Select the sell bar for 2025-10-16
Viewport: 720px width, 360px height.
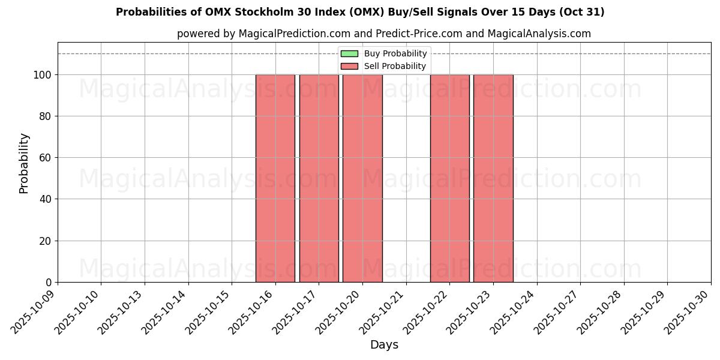(275, 178)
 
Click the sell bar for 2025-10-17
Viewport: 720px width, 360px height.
(319, 178)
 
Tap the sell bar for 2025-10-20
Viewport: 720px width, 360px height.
(362, 178)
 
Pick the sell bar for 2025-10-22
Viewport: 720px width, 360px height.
(449, 178)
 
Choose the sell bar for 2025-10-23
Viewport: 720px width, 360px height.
(493, 178)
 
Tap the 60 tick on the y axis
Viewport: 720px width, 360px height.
(47, 158)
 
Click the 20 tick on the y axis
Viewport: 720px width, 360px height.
(47, 241)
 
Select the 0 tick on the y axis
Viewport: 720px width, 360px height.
(50, 283)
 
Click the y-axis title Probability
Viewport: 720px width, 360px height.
(24, 163)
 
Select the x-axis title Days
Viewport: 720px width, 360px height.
(384, 345)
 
